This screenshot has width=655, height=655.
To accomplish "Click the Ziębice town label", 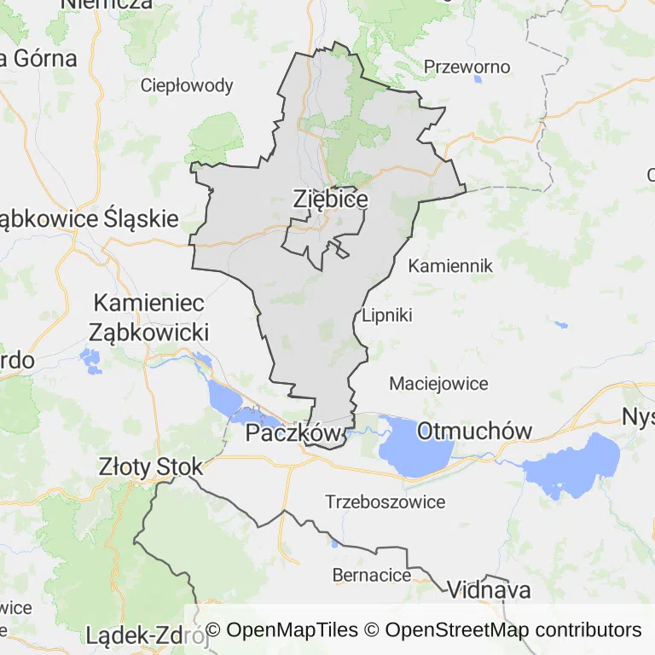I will click(330, 199).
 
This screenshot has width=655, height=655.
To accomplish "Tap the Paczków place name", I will click(293, 434).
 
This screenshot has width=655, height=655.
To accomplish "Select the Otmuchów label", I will click(474, 432).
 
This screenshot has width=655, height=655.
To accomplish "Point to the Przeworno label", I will click(467, 67).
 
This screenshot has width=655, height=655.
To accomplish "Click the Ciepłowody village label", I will click(187, 85).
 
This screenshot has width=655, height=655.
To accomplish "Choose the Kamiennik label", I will click(450, 266).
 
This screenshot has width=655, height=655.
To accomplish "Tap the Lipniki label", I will click(387, 315).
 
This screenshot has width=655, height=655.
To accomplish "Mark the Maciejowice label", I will click(438, 384).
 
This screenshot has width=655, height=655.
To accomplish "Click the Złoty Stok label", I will click(151, 467).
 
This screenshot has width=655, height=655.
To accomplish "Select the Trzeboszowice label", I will click(385, 502).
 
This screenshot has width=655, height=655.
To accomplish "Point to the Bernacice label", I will click(371, 575).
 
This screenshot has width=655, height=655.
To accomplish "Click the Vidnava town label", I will click(489, 590).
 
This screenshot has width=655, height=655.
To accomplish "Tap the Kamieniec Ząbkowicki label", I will click(150, 316).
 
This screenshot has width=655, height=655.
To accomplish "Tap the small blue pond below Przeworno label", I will click(477, 80).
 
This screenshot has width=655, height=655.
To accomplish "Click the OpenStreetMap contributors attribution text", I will click(513, 630).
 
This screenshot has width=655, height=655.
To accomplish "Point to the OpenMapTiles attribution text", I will click(282, 630).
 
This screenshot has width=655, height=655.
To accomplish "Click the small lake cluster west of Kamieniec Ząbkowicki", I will click(92, 362).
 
